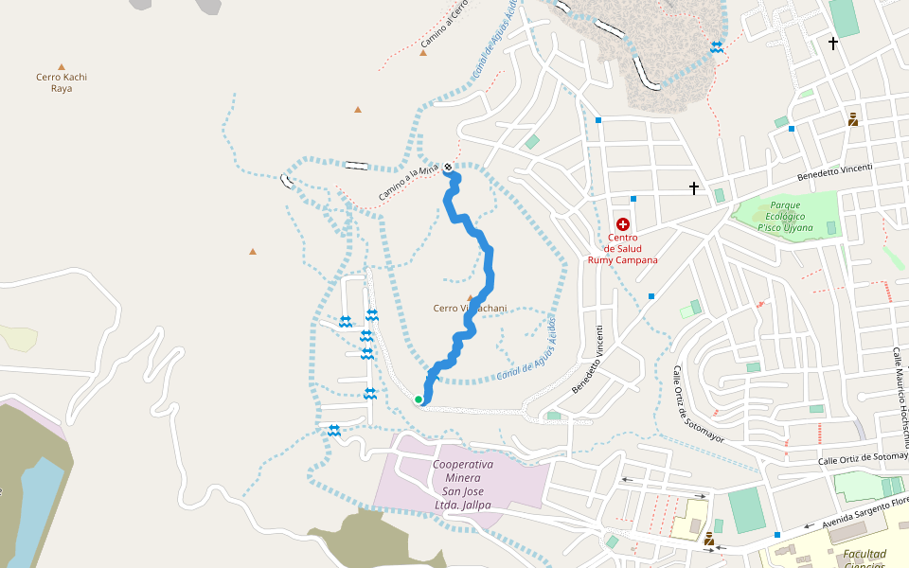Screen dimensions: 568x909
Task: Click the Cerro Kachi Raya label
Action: (x=62, y=82)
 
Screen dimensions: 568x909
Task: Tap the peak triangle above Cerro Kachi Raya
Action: (x=62, y=67)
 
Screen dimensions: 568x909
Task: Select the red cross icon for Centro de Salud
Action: (x=622, y=224)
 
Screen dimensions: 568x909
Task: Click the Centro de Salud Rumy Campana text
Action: (x=622, y=249)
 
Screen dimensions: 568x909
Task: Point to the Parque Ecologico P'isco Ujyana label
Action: (x=786, y=216)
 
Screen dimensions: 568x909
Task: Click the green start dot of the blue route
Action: (x=419, y=399)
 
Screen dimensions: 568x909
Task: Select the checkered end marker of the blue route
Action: (x=448, y=168)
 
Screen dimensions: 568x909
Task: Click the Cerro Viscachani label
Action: (x=470, y=308)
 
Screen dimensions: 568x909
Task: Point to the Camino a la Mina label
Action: (x=409, y=183)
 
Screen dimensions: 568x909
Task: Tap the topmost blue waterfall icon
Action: (x=717, y=47)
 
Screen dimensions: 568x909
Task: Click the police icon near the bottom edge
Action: (x=708, y=539)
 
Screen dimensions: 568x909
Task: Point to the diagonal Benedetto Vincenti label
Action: (x=587, y=361)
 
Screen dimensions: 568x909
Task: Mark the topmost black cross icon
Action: (x=833, y=43)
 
